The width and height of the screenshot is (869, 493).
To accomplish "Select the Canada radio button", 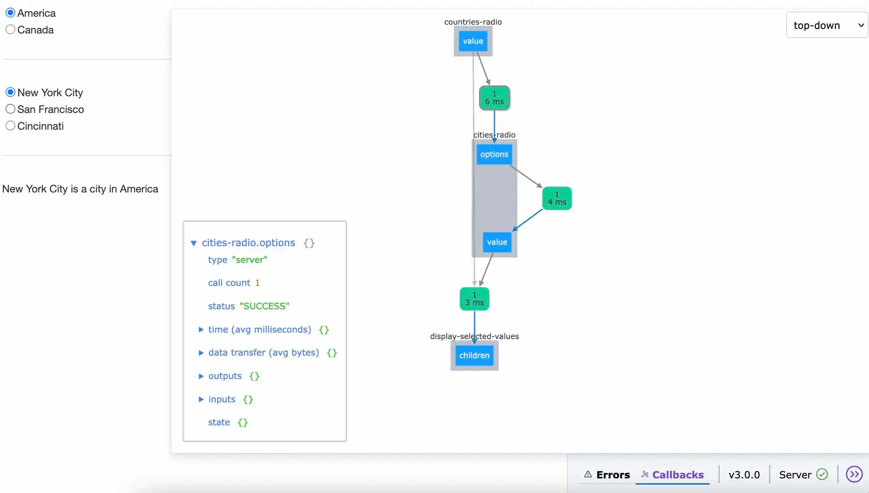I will pyautogui.click(x=10, y=30).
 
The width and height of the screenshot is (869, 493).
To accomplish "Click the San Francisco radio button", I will pyautogui.click(x=10, y=109).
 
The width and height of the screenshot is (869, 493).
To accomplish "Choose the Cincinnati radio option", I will pyautogui.click(x=10, y=126).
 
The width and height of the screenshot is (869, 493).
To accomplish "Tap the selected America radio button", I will pyautogui.click(x=10, y=13).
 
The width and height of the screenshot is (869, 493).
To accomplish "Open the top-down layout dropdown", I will pyautogui.click(x=827, y=25).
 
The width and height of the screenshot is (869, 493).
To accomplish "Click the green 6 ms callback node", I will pyautogui.click(x=494, y=98).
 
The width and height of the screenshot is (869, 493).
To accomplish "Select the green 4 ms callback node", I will pyautogui.click(x=557, y=198).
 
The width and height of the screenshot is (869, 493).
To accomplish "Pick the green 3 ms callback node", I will pyautogui.click(x=474, y=299).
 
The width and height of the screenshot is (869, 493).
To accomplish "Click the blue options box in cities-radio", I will pyautogui.click(x=494, y=154).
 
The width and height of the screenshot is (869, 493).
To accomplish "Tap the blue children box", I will pyautogui.click(x=474, y=355).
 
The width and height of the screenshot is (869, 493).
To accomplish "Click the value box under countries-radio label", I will pyautogui.click(x=473, y=41).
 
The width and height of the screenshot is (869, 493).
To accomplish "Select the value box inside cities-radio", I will pyautogui.click(x=497, y=242).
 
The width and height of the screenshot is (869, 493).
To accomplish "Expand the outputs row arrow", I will pyautogui.click(x=201, y=376).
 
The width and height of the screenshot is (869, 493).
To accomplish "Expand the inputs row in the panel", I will pyautogui.click(x=201, y=399).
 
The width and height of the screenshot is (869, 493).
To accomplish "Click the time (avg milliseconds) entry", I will pyautogui.click(x=259, y=329).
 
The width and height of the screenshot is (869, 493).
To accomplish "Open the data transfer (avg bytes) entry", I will pyautogui.click(x=264, y=352).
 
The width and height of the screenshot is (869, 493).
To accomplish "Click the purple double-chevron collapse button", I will pyautogui.click(x=854, y=474).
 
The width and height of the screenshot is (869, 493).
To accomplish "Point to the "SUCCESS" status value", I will pyautogui.click(x=264, y=306).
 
